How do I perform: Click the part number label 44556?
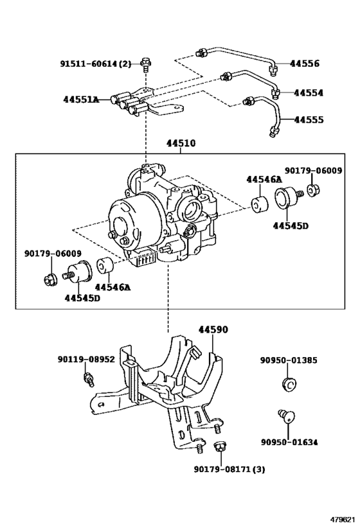(x=304, y=64)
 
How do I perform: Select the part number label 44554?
(x=308, y=92)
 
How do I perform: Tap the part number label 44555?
(x=309, y=120)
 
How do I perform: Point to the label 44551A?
(x=81, y=100)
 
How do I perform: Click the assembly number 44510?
(x=181, y=144)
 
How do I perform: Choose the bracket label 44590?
(x=212, y=329)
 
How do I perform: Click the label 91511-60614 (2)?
(x=96, y=64)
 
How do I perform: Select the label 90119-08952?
(x=86, y=360)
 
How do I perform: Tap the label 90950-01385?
(x=288, y=360)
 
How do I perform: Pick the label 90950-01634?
(x=289, y=442)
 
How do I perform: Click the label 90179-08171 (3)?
(x=230, y=469)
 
